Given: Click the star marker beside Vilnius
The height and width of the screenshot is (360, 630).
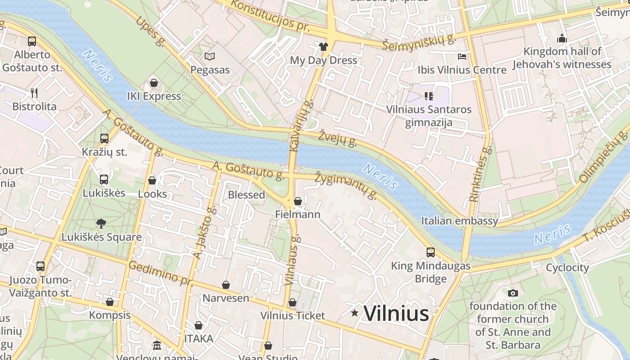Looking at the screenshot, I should (355, 313).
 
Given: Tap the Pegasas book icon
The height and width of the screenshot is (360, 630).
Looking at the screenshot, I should (210, 56).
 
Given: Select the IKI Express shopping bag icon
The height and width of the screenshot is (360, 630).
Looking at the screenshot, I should (154, 83).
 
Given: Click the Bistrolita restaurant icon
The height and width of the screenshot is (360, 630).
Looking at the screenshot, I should (34, 93).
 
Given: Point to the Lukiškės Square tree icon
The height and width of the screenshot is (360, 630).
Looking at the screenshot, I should (101, 223).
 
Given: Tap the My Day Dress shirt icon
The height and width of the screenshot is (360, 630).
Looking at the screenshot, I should (324, 46).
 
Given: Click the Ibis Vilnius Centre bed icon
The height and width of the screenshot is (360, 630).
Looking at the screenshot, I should (462, 56).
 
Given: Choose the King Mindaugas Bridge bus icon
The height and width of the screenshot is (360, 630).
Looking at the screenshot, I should (431, 252).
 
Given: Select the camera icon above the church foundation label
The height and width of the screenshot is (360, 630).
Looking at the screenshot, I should (513, 293).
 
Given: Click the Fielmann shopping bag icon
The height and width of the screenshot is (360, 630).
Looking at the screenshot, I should (297, 201).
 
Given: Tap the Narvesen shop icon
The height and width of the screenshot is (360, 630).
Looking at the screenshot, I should (226, 285).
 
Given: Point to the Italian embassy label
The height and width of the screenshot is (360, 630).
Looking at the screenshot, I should (459, 220).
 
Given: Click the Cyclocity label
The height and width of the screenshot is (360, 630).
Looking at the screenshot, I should (567, 267).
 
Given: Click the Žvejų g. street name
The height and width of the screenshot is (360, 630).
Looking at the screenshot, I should (337, 139).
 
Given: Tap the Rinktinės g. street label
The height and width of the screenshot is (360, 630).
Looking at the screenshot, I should (479, 174).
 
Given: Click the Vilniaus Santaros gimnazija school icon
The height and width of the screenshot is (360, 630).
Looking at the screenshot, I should (428, 96).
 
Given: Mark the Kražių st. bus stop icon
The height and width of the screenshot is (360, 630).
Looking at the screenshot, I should (104, 138).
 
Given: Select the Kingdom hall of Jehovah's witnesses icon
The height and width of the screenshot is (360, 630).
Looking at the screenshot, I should (562, 38).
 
